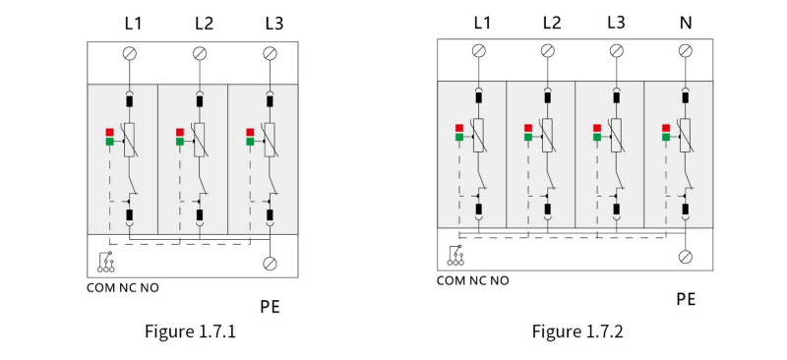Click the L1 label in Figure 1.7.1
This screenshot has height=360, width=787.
[133, 24]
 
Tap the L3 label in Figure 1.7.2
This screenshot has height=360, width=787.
[616, 23]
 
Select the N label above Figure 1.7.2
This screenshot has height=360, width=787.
[685, 23]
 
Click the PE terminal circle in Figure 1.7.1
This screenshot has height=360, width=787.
[270, 264]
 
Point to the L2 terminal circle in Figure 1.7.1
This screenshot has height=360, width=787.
[200, 53]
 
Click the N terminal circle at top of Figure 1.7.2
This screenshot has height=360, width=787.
[685, 51]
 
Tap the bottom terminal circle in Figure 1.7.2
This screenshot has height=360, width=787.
[685, 257]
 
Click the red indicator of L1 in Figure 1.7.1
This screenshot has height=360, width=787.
[109, 133]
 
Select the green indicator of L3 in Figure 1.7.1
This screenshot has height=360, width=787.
[250, 142]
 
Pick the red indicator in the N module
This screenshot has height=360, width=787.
[666, 128]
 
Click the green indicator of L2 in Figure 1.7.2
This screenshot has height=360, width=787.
[528, 137]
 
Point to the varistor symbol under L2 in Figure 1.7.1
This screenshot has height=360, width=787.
[200, 140]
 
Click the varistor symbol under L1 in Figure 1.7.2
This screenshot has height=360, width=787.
[479, 135]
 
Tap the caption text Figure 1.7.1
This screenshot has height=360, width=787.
[190, 331]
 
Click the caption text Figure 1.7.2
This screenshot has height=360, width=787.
[577, 331]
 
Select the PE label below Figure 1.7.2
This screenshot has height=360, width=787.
[686, 299]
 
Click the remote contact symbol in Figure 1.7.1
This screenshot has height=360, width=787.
[106, 262]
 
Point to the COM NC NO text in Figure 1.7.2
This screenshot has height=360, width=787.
[473, 280]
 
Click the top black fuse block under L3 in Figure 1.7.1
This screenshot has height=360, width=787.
[270, 102]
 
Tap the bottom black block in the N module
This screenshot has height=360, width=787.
[685, 210]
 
